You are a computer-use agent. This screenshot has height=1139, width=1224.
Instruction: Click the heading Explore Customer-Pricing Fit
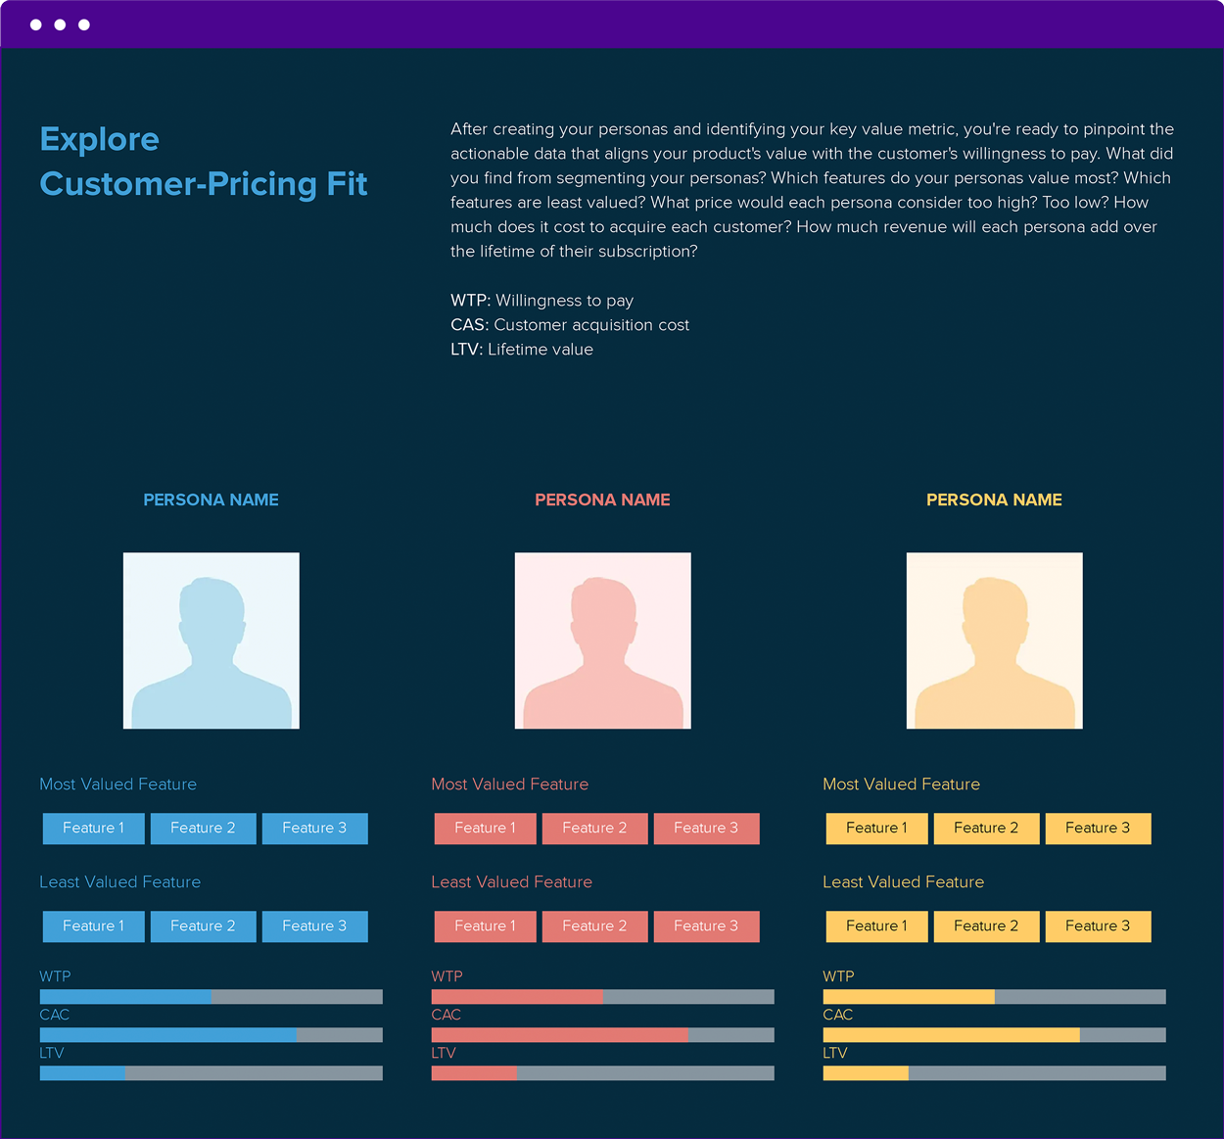203,162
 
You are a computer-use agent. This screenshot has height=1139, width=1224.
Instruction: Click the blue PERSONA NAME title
211,499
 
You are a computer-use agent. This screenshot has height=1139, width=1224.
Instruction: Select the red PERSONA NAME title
602,499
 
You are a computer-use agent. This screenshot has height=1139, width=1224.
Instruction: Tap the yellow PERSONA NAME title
994,499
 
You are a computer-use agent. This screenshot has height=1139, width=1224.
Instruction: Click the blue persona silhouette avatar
211,641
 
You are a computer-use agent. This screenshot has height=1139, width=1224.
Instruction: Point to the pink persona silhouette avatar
602,641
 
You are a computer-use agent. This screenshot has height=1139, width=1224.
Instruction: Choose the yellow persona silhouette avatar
994,641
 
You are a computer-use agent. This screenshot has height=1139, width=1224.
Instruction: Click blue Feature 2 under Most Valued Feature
203,829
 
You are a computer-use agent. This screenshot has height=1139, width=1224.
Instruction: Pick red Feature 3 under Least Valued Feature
706,926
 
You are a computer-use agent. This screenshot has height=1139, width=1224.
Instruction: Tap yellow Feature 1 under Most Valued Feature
876,829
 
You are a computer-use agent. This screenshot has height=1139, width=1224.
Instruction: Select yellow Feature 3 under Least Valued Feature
1098,926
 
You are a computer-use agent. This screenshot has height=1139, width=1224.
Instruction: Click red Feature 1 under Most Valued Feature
485,829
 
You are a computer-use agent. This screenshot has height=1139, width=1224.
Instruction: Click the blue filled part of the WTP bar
125,997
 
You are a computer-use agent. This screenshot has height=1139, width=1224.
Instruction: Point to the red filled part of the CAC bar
559,1035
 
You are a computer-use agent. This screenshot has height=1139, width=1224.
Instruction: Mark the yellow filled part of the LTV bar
866,1073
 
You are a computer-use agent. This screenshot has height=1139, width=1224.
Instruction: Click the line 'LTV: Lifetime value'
522,350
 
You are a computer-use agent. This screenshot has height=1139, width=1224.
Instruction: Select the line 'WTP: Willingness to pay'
541,301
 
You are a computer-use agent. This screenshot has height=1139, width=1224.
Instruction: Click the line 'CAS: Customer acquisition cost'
570,325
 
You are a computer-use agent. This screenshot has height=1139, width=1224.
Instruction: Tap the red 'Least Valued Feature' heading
511,882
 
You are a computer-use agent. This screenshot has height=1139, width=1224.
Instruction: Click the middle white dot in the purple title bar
60,24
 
